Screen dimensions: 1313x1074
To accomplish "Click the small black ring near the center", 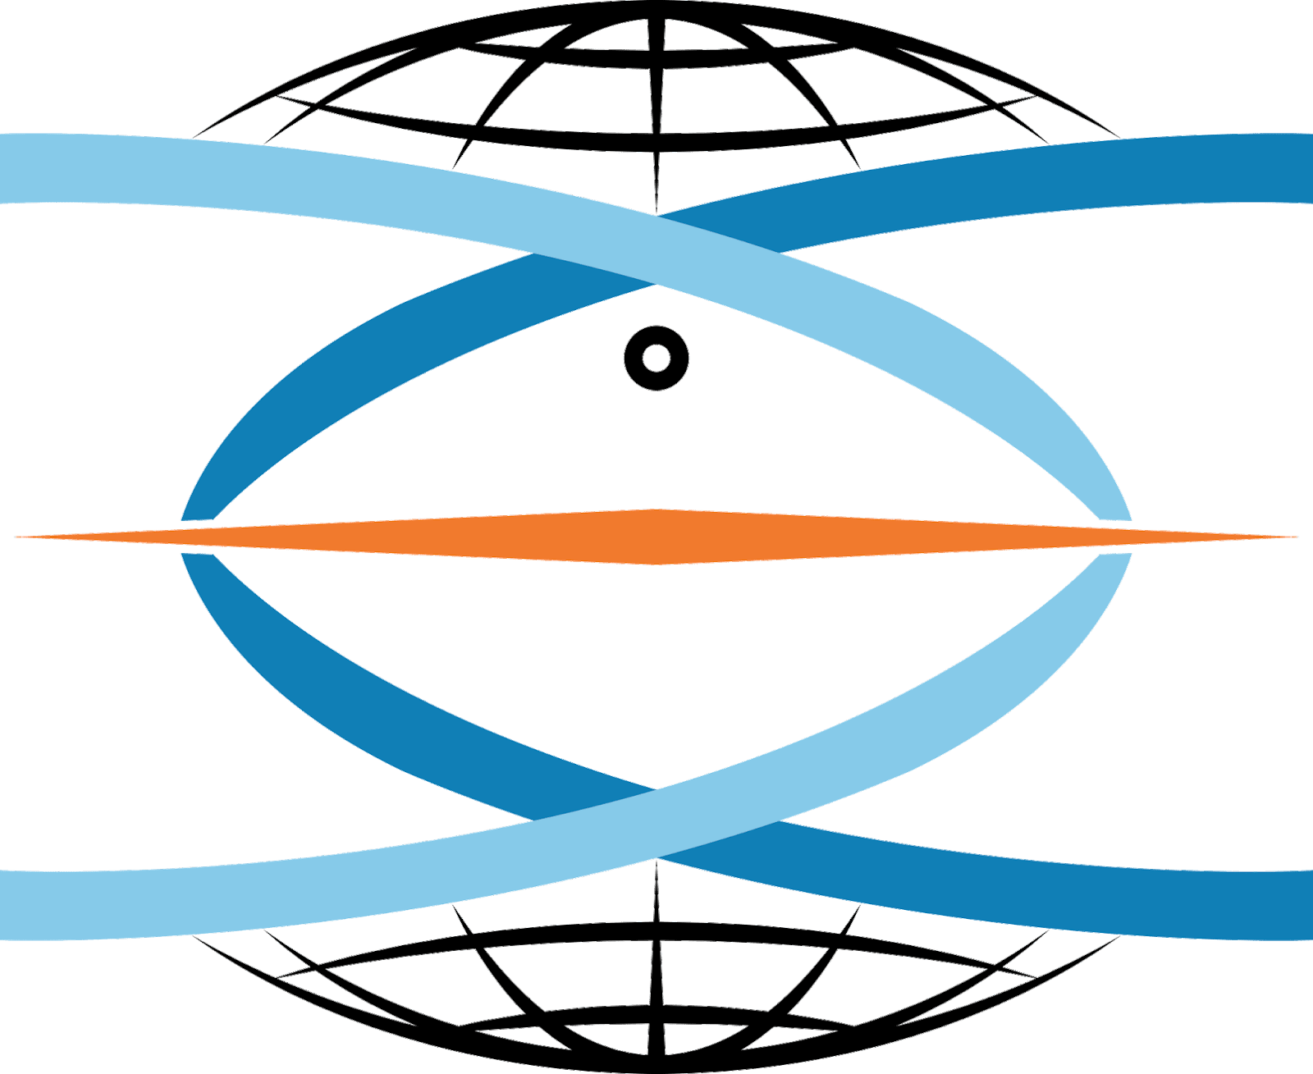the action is [656, 359].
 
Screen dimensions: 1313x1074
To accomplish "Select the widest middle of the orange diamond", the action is [656, 537].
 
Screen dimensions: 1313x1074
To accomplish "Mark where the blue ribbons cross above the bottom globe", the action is [656, 825].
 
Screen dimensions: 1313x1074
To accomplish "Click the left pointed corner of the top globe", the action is [195, 136].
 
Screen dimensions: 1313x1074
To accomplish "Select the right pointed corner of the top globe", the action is [1118, 136].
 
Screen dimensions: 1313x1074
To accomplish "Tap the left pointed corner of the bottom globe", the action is [195, 937].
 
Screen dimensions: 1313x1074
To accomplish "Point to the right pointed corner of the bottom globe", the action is [1118, 937].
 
